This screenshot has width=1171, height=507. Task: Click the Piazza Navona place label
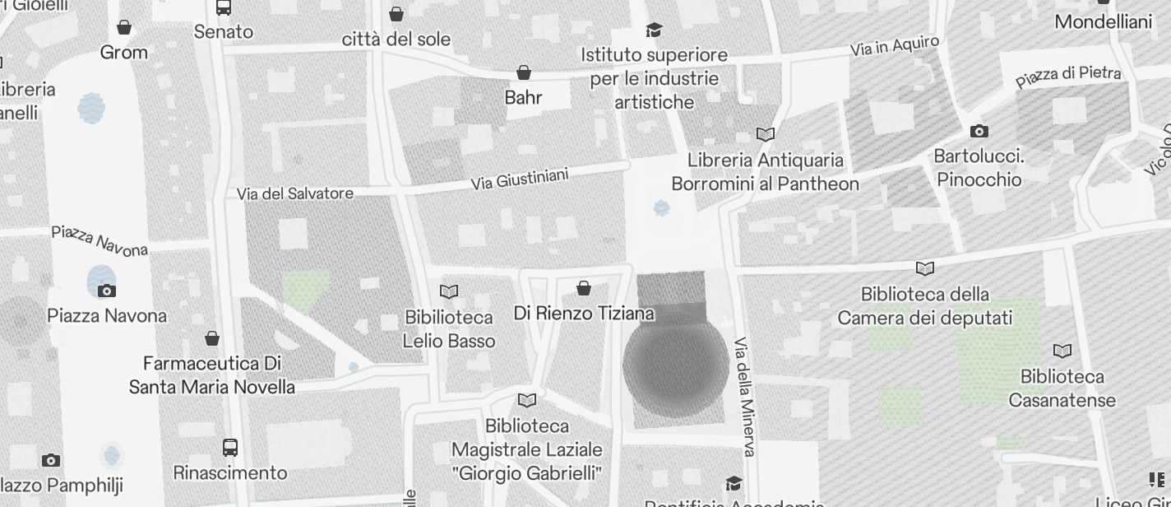pos(107,315)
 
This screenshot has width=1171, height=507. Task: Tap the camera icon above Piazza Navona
pos(107,290)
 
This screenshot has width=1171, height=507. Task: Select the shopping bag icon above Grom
pos(124,27)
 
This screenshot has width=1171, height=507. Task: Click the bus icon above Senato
pos(224,7)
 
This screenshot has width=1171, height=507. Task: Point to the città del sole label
pos(396,39)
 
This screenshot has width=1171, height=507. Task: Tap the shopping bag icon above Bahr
pos(524,72)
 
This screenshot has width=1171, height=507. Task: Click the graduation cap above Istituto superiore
pos(654,30)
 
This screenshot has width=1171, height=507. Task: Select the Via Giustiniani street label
pos(520,179)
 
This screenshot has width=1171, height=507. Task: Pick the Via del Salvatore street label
pos(295,194)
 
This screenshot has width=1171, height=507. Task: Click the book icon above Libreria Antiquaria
pos(766,134)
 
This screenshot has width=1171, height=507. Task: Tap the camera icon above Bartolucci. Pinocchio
pos(979,131)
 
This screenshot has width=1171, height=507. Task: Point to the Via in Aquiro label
pos(895,46)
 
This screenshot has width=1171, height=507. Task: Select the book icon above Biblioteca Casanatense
pos(1062,351)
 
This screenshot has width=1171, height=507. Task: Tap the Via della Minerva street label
pos(744,396)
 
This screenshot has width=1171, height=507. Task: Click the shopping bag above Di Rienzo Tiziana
pos(584,287)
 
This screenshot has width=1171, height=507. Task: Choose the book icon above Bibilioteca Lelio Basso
pos(448,291)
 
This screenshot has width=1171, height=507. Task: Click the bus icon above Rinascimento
pos(230,448)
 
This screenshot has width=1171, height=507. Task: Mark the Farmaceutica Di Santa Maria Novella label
pos(212,375)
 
